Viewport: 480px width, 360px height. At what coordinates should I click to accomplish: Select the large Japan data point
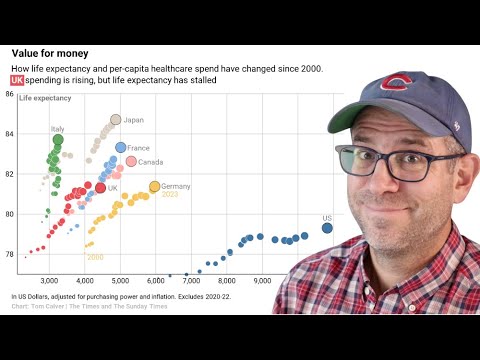click(115, 120)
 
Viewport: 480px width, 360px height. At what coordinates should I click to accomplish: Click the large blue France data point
click(120, 148)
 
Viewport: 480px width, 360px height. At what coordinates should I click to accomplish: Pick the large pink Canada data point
click(131, 161)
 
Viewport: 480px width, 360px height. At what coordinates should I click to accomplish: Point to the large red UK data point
click(100, 187)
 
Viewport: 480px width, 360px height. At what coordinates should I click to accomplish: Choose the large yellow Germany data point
click(154, 186)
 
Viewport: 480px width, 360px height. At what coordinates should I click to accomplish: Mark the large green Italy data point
click(58, 139)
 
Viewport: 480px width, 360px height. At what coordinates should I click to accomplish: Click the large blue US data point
click(327, 228)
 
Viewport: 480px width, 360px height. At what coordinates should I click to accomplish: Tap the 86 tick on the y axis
click(8, 95)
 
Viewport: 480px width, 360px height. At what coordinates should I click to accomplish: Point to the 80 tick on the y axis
click(8, 214)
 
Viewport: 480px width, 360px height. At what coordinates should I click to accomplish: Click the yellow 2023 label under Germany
click(170, 195)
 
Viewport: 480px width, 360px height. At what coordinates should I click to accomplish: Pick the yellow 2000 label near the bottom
click(95, 257)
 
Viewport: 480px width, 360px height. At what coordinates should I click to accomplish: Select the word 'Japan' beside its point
click(134, 120)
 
